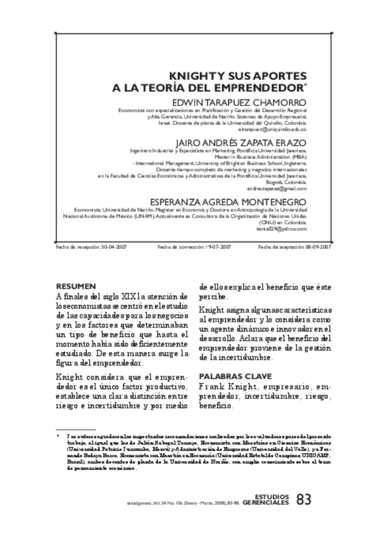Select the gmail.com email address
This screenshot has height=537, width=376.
click(285, 188)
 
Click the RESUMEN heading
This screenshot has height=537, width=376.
click(75, 286)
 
